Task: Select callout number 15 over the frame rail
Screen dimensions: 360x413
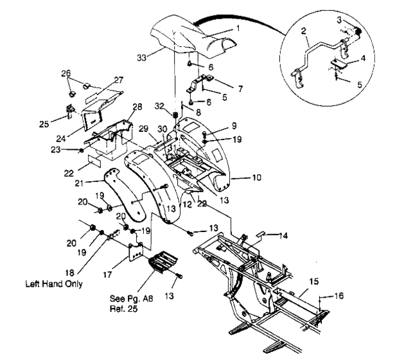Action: [314, 281]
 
